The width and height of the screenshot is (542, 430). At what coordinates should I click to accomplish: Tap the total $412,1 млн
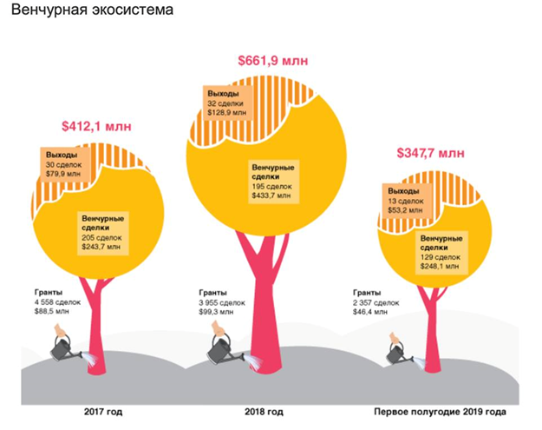click(x=96, y=126)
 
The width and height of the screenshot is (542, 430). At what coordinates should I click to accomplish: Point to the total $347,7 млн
click(x=430, y=154)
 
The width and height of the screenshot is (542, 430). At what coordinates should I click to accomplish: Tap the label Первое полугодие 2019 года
click(x=440, y=411)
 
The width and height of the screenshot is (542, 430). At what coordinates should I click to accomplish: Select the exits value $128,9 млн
click(x=226, y=112)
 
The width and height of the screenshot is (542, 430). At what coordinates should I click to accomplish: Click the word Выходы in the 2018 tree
click(x=225, y=93)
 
